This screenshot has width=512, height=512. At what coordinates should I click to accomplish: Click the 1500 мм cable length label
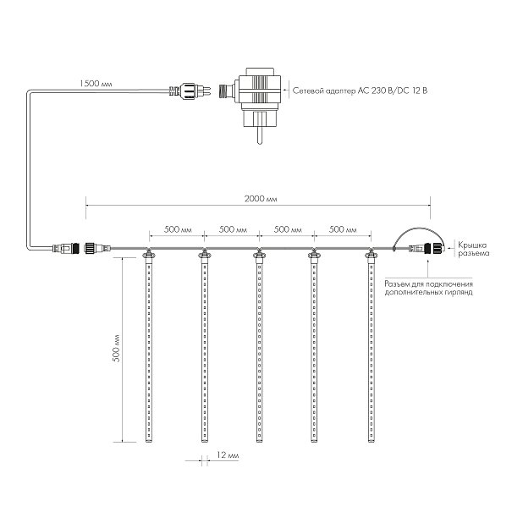point(96,84)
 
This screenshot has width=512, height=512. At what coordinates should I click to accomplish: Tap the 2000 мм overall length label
point(261,199)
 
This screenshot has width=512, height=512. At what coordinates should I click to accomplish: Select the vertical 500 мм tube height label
point(116,348)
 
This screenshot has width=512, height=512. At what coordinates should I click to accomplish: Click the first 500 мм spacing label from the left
point(178,229)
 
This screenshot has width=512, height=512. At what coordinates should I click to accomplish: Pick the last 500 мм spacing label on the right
point(343,229)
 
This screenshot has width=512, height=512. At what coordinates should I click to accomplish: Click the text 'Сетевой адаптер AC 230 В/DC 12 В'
point(360,91)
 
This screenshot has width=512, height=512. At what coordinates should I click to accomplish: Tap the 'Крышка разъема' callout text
point(473,249)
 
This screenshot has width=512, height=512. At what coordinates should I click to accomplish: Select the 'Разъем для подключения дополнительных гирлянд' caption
point(428,288)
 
